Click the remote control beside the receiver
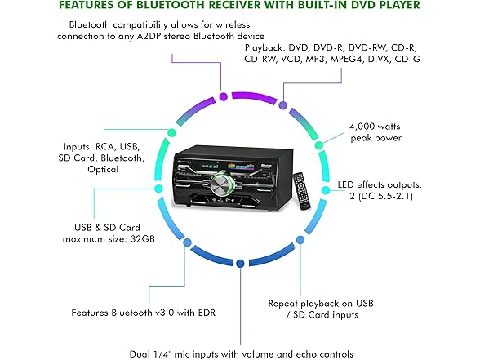coord(302,191)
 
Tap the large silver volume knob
coord(223,184)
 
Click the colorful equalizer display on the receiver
coord(242,167)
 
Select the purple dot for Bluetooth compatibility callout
coord(224,96)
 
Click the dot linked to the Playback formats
coord(282,105)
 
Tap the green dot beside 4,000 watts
coord(319,145)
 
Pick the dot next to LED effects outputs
coord(326,190)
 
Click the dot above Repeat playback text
coord(300,240)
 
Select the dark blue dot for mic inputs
coord(240,263)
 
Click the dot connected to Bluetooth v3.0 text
coord(187,242)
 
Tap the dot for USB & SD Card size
coord(158,189)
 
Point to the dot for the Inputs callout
coord(171,132)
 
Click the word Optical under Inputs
coord(103,170)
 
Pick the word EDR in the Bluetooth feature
coord(207,313)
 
